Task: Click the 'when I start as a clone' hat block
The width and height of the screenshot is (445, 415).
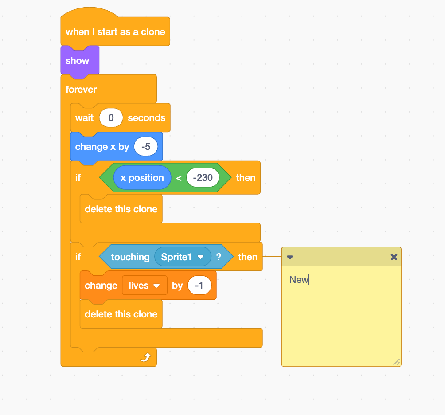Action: tap(115, 32)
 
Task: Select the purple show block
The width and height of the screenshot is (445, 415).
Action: tap(78, 61)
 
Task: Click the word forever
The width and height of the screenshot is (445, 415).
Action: tap(81, 90)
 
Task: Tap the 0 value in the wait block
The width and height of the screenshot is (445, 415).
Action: tap(111, 118)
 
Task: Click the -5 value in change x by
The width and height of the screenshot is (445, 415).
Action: tap(146, 147)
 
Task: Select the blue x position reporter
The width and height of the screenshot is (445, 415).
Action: tap(142, 178)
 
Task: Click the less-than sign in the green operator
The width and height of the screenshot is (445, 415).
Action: tap(179, 178)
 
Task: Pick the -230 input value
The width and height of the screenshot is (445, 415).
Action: tap(203, 178)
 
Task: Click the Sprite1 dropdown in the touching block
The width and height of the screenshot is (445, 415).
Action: tap(182, 257)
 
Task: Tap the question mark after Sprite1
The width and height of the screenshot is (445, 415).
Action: tap(219, 257)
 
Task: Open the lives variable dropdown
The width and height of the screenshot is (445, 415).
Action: tap(144, 286)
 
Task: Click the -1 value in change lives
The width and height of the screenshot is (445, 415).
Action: tap(199, 286)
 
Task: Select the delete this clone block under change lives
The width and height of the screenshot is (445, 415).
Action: tap(121, 314)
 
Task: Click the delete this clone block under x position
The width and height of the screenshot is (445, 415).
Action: tap(121, 209)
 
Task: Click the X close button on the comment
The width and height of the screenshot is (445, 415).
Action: tap(394, 257)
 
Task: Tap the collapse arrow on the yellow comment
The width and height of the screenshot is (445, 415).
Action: tap(290, 257)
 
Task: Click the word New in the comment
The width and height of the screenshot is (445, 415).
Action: tap(298, 280)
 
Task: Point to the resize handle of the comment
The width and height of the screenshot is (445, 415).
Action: tap(396, 362)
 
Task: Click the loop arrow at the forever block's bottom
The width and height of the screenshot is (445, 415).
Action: tap(145, 357)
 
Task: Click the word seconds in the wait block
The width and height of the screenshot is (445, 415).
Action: tap(146, 118)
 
